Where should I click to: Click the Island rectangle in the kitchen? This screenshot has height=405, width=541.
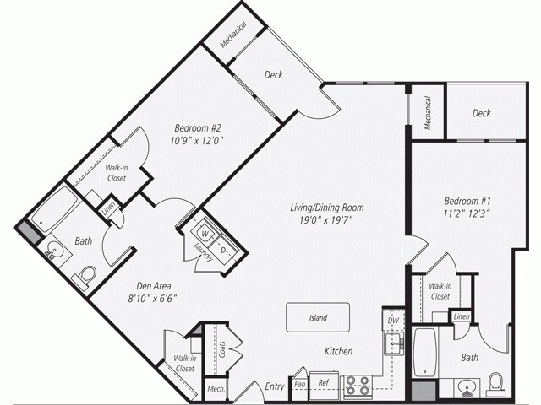click(318, 318)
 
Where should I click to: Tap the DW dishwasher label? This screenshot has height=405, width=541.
click(391, 321)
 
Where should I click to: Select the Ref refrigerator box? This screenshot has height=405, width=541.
click(323, 382)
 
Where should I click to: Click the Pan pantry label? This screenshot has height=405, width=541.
click(299, 383)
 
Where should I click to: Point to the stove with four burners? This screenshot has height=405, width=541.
click(358, 386)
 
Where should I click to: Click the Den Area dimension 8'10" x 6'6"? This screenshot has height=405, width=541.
click(152, 297)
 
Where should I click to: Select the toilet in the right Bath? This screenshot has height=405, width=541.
click(496, 384)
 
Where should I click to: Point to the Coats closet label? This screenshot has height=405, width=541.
click(222, 348)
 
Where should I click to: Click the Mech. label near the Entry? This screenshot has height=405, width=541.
click(216, 390)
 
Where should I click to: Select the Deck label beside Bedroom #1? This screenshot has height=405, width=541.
click(481, 113)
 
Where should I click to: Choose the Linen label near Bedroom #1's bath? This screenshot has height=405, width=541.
click(461, 316)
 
